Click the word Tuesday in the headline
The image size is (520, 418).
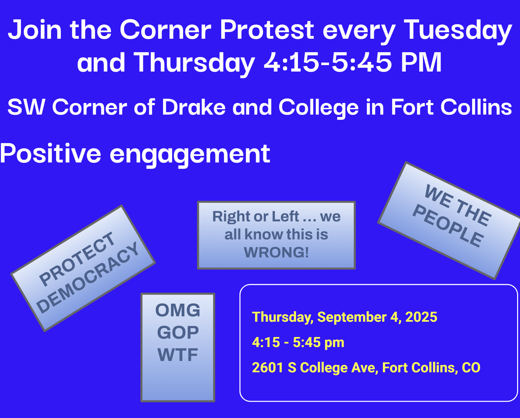tap(458, 31)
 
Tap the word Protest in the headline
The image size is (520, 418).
tap(267, 29)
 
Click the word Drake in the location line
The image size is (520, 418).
tap(194, 107)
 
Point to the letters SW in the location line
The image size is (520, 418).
tap(26, 107)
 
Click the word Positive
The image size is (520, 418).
tap(51, 153)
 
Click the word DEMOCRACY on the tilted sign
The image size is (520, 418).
tap(88, 277)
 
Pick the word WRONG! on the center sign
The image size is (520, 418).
tap(276, 252)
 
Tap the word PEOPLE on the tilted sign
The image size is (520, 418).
tap(448, 225)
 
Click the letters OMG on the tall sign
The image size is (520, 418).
tap(178, 310)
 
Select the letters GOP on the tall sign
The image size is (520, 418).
tap(178, 332)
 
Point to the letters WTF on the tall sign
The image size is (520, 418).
tap(178, 355)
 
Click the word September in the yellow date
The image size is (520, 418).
tap(352, 317)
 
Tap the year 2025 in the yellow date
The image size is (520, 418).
tap(421, 317)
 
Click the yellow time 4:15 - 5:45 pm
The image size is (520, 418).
tap(298, 342)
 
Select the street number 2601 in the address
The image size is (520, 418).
tap(268, 367)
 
